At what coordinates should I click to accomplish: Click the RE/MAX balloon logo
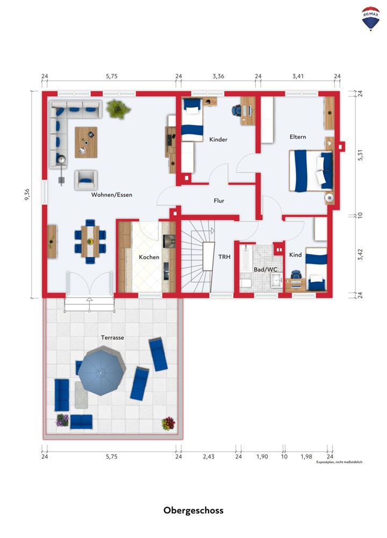coord(370,18)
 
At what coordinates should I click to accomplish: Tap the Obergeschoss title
coord(193,510)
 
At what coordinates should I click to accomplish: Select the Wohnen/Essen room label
coord(112,195)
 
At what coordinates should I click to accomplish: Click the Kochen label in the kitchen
coord(149,257)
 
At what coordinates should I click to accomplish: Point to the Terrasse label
coord(112,337)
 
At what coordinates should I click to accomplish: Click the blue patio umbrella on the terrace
coord(101,372)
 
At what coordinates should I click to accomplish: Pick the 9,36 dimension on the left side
coord(27,194)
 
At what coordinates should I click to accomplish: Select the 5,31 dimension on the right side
coord(360,155)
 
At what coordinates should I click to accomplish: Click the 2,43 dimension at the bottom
coord(209,457)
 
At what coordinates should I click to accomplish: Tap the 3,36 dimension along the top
coord(218,76)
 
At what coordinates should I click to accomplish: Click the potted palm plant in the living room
coord(118,109)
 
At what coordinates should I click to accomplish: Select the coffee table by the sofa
coord(86,142)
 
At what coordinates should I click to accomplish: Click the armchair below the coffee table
coord(86,180)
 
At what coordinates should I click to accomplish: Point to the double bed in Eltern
coord(311,171)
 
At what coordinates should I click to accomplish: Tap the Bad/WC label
coord(266,270)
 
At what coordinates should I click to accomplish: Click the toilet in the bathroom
coord(246,283)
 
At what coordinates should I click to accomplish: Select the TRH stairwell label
coord(225,257)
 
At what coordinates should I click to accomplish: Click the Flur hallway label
coord(219,201)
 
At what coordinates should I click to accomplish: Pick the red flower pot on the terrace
coord(168,423)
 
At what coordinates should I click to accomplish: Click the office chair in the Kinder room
coord(236,110)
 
